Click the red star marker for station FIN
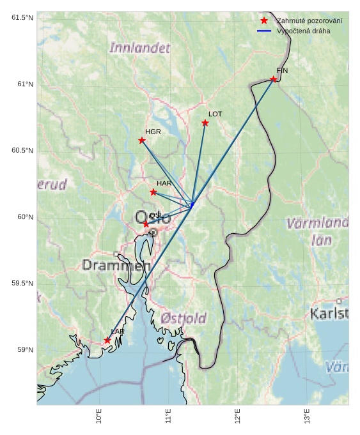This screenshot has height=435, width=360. pyautogui.click(x=273, y=79)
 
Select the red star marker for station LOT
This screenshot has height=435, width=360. pyautogui.click(x=205, y=123)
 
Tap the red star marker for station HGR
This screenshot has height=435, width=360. pyautogui.click(x=142, y=141)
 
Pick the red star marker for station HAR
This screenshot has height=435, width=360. pyautogui.click(x=153, y=192)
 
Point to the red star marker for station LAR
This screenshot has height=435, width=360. pyautogui.click(x=107, y=340)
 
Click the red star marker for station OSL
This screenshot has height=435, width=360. pyautogui.click(x=146, y=224)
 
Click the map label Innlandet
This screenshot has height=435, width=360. pyautogui.click(x=140, y=48)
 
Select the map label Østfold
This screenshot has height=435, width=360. pyautogui.click(x=184, y=318)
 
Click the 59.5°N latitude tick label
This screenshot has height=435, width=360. pyautogui.click(x=22, y=284)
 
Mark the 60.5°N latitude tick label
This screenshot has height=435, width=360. pyautogui.click(x=22, y=151)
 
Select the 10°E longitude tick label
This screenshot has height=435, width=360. pyautogui.click(x=99, y=416)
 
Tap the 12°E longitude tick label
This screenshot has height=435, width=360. pyautogui.click(x=238, y=416)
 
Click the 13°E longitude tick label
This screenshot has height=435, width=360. pyautogui.click(x=308, y=416)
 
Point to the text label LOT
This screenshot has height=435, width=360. pyautogui.click(x=215, y=114)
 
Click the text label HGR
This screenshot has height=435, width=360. pyautogui.click(x=153, y=132)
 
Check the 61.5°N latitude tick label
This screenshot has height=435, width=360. pyautogui.click(x=22, y=17)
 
